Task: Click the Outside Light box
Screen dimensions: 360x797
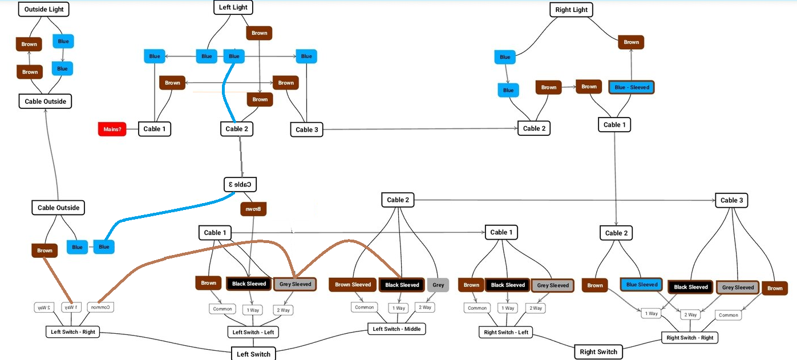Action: pyautogui.click(x=44, y=9)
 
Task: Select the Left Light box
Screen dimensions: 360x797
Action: pyautogui.click(x=233, y=7)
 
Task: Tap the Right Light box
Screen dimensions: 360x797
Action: pyautogui.click(x=571, y=10)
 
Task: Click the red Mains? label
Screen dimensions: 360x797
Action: pyautogui.click(x=112, y=129)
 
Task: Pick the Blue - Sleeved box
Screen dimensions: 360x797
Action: pyautogui.click(x=632, y=87)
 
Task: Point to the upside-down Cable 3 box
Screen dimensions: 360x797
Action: pyautogui.click(x=240, y=184)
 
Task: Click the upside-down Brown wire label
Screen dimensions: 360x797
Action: pyautogui.click(x=253, y=209)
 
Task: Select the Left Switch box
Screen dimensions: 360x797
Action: pyautogui.click(x=253, y=354)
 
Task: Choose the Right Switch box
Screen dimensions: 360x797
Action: pyautogui.click(x=598, y=351)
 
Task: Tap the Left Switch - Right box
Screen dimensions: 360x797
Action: pyautogui.click(x=72, y=331)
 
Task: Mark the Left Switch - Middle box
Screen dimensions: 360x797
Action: pyautogui.click(x=397, y=329)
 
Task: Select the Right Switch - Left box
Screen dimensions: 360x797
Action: pyautogui.click(x=506, y=332)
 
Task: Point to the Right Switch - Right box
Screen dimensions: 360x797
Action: pyautogui.click(x=690, y=337)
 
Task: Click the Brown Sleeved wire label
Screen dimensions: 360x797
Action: pyautogui.click(x=353, y=284)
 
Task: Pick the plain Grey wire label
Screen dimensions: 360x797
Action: pyautogui.click(x=438, y=285)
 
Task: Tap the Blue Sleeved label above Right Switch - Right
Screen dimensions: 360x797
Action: pyautogui.click(x=642, y=284)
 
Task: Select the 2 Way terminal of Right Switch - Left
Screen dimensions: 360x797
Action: pyautogui.click(x=536, y=308)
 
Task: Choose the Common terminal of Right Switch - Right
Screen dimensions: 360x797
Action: pyautogui.click(x=728, y=315)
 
